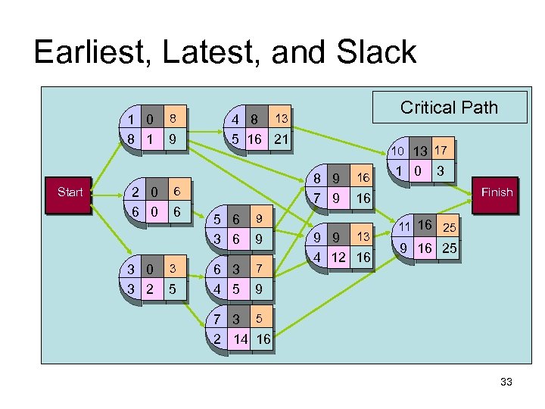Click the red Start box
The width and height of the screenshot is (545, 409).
point(70,192)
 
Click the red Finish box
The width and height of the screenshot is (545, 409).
point(497,192)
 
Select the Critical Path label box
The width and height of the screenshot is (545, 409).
point(449,108)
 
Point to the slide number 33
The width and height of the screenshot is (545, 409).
point(506,382)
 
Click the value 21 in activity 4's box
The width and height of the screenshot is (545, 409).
point(281,139)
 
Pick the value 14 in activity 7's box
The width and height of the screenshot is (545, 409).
point(240,339)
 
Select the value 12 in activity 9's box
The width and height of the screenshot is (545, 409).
point(338,258)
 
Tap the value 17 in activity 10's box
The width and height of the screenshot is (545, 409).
point(442,151)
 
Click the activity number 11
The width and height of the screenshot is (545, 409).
point(404,226)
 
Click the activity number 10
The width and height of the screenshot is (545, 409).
point(397,152)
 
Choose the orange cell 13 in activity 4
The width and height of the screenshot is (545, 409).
point(281,118)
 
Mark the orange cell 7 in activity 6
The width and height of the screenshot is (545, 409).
point(258,268)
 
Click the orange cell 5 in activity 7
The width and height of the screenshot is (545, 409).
point(258,318)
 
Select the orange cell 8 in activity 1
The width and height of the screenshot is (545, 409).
point(173,118)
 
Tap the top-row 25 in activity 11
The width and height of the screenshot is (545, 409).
point(450,227)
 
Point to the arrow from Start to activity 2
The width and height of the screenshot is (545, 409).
point(107,192)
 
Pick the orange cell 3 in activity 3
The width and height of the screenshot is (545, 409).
point(173,268)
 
